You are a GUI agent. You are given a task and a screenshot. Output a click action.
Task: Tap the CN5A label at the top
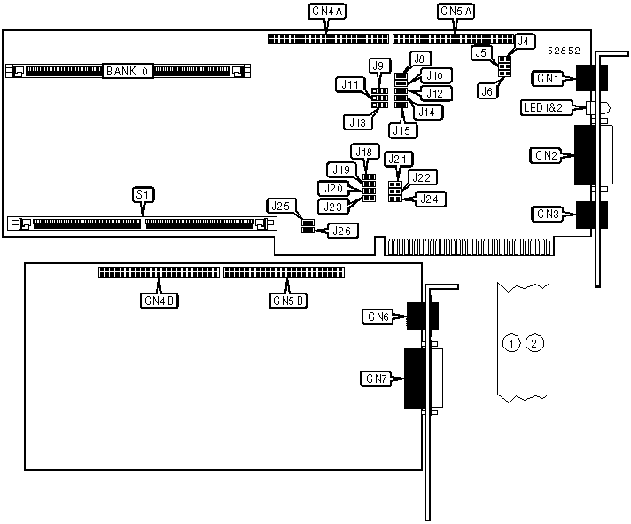456,12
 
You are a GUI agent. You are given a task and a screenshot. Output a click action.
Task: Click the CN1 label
546,78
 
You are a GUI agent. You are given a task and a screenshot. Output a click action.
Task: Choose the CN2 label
546,156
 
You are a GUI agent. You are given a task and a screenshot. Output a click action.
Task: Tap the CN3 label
546,214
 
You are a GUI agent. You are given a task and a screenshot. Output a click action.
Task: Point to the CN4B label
160,301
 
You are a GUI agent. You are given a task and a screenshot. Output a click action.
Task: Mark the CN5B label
288,301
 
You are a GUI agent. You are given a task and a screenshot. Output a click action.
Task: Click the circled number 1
510,342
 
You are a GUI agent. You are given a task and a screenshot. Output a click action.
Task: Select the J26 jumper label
340,231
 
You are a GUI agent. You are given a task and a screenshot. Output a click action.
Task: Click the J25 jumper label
282,206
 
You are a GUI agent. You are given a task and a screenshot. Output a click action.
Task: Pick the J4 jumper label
524,41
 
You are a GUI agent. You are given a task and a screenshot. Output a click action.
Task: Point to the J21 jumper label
399,160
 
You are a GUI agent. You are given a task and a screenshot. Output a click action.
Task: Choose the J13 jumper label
355,121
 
